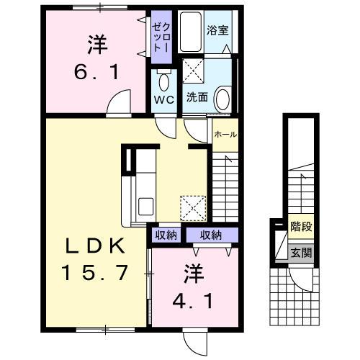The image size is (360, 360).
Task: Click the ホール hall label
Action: pos(225,134)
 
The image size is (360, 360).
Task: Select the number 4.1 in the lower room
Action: pos(192,299)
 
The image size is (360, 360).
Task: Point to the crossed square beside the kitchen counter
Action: pos(192,207)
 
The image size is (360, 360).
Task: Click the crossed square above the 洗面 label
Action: pos(192,72)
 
